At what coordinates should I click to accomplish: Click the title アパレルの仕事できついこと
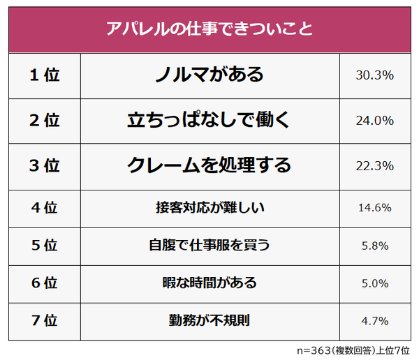(x=209, y=30)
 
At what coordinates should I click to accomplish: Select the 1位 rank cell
(x=45, y=75)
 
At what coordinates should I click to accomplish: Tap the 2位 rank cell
(x=45, y=121)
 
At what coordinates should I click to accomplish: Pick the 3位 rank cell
(x=45, y=166)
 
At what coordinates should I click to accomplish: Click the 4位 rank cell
(x=45, y=207)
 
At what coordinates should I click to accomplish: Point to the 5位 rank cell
(x=45, y=246)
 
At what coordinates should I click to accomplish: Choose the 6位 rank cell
(x=45, y=283)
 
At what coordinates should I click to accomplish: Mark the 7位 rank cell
(x=45, y=321)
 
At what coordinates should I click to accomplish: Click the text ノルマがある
(x=209, y=75)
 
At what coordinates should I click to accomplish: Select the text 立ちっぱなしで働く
(x=209, y=120)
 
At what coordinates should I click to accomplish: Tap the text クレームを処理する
(x=209, y=165)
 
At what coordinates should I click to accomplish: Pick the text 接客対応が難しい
(x=209, y=207)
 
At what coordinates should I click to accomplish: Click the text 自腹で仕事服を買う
(x=209, y=246)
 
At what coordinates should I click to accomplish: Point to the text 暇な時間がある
(x=209, y=283)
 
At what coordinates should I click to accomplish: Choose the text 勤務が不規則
(x=209, y=321)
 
